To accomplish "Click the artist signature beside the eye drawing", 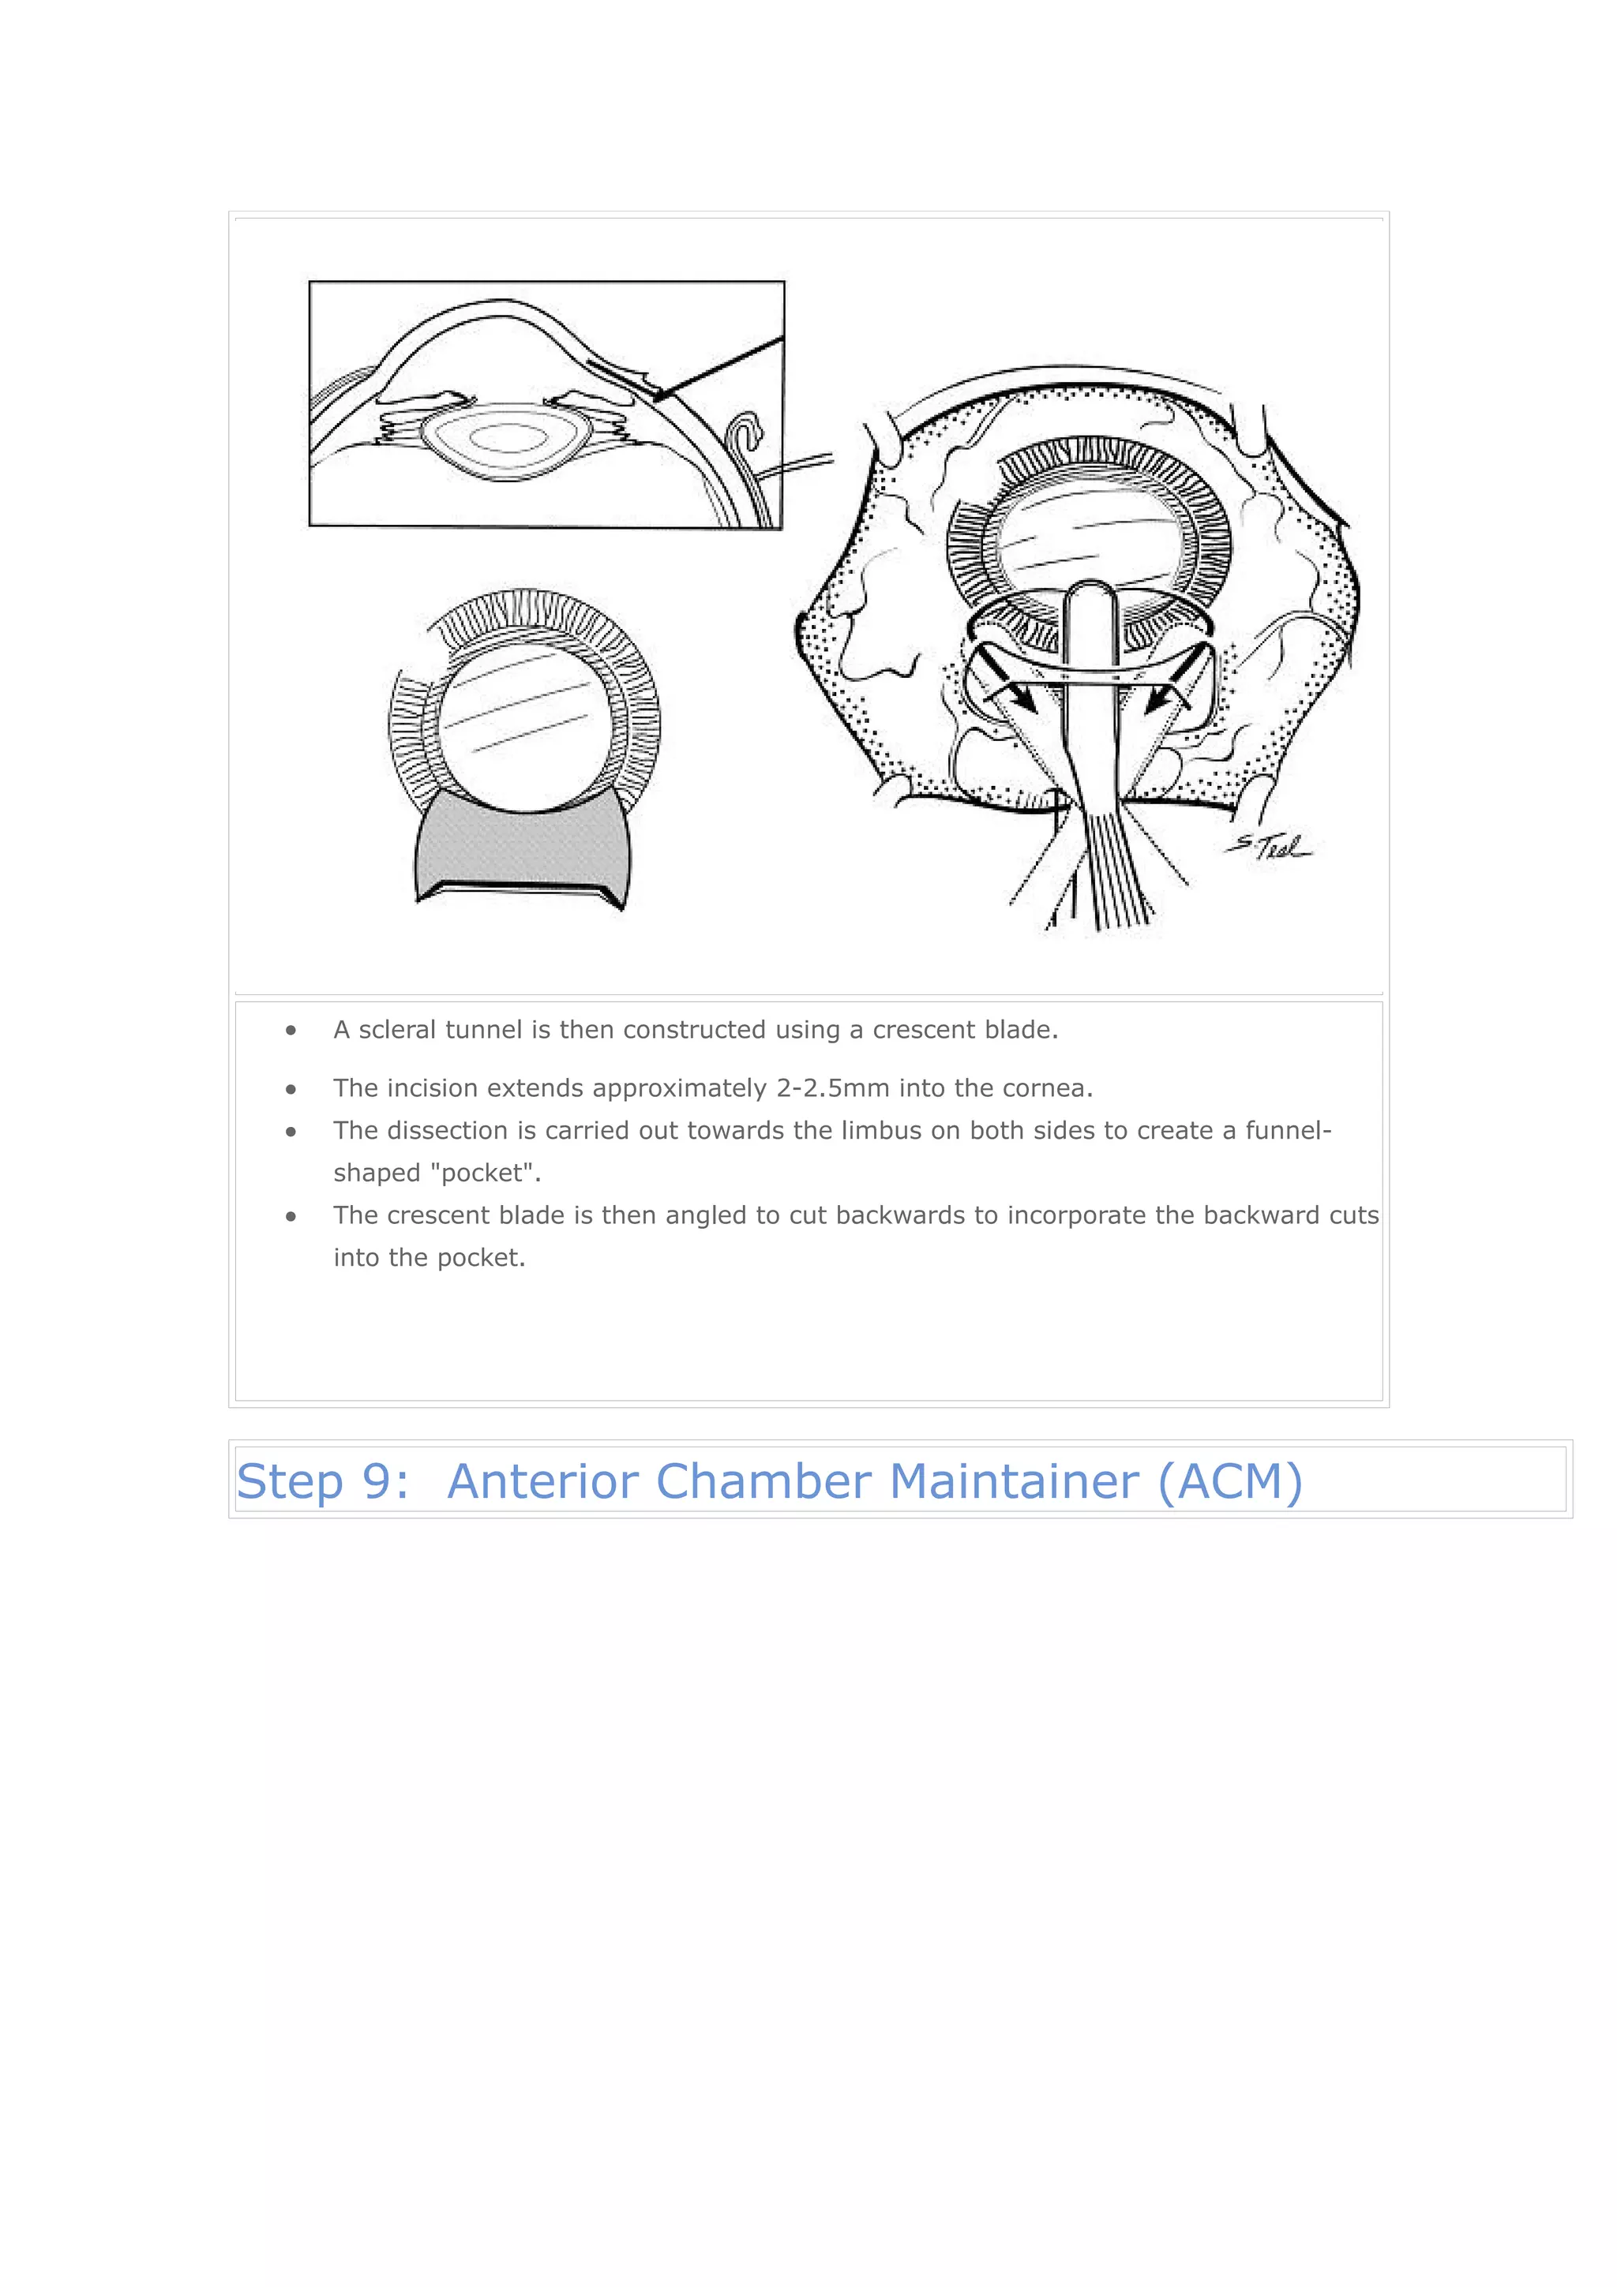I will (1270, 847).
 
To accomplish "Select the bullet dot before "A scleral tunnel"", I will (291, 1031).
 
